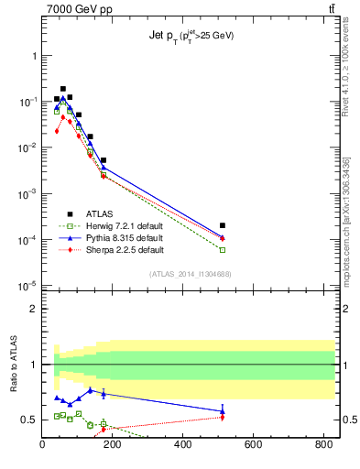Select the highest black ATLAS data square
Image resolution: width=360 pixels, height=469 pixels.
click(x=63, y=89)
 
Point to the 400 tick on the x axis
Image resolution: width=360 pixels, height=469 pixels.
click(x=183, y=446)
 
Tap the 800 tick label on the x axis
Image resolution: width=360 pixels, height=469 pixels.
click(x=322, y=446)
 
